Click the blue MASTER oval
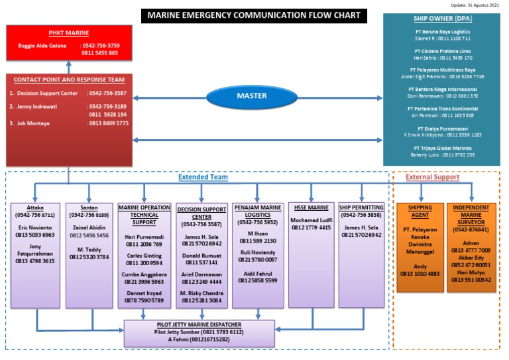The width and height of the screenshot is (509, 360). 252,95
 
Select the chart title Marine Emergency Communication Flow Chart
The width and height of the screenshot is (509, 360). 254,15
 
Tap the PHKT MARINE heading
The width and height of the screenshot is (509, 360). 69,33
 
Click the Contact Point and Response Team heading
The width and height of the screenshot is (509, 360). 69,80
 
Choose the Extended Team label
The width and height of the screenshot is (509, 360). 203,177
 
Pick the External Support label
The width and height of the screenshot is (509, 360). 432,177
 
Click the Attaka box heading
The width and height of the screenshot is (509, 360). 35,208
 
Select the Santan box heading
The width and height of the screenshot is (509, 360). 89,208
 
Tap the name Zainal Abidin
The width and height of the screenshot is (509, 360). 89,227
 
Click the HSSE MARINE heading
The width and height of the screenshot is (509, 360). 311,208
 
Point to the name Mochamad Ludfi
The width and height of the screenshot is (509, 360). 311,219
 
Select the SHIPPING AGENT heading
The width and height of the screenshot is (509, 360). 420,211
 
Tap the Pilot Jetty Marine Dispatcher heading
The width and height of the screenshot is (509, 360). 199,324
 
